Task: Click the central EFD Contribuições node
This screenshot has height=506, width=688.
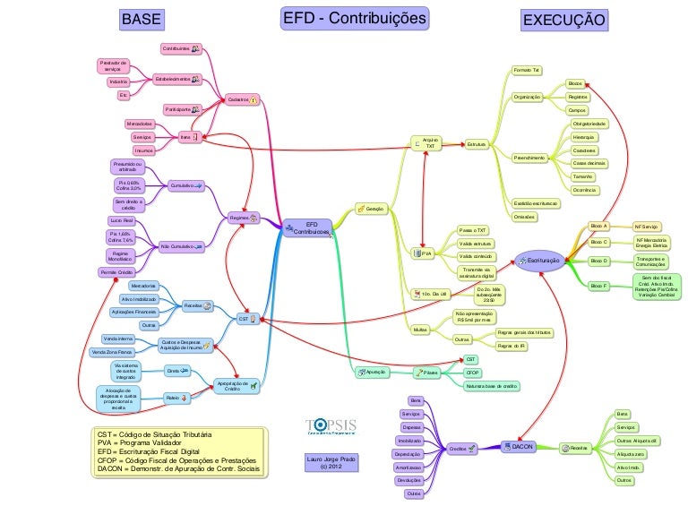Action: click(309, 227)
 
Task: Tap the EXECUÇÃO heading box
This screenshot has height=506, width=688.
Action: click(563, 20)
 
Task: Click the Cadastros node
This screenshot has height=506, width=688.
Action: click(238, 99)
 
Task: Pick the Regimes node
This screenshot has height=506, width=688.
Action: click(241, 218)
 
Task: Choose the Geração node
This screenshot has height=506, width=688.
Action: click(371, 209)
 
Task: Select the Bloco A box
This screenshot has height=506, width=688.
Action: click(598, 227)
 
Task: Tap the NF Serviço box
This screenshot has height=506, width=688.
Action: click(646, 227)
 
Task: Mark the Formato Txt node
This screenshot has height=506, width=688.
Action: click(526, 70)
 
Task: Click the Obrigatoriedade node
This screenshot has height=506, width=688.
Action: click(589, 123)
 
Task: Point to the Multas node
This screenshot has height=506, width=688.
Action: click(419, 330)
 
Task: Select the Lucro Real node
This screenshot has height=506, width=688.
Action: click(122, 219)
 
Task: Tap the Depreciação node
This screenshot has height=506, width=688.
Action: click(407, 454)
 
